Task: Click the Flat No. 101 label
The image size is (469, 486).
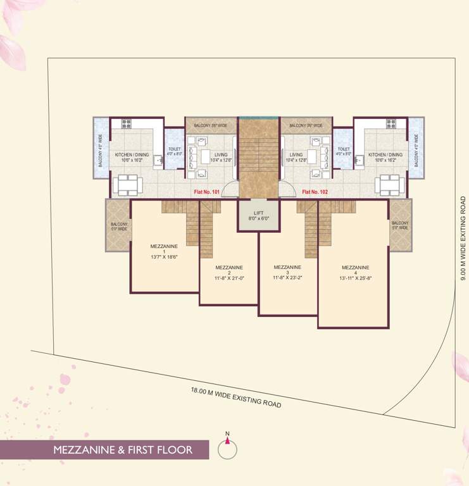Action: pos(208,190)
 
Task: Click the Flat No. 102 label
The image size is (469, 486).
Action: pos(315,190)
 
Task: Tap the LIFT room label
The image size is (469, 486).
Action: pos(258,215)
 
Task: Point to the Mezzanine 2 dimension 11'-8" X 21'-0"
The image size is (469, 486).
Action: pos(228,277)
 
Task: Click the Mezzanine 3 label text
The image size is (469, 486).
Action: pos(287,267)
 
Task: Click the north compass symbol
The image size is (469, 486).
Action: pos(227,448)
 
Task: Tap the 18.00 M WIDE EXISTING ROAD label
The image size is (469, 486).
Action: pos(235,397)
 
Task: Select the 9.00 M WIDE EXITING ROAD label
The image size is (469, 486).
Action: pos(463,238)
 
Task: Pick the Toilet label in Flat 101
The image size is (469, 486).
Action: pos(174,151)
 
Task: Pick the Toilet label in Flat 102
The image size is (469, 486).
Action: pos(343,151)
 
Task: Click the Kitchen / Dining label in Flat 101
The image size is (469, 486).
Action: pos(132,157)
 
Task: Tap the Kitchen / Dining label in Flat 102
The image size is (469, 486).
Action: pos(385,157)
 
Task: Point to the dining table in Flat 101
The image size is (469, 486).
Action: pos(127,185)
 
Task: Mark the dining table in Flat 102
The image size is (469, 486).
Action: pos(389,185)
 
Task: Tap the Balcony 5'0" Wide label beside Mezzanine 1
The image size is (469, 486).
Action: pos(118,227)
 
